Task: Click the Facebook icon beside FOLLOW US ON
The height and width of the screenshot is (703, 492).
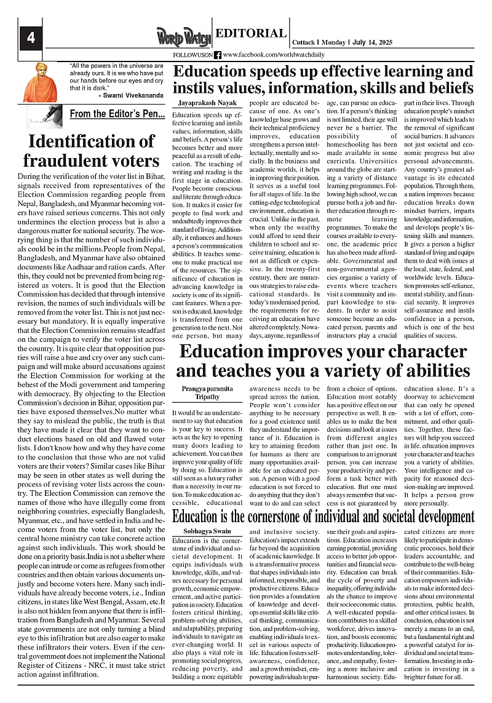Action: (x=218, y=55)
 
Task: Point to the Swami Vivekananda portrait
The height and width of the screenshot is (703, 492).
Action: (x=40, y=83)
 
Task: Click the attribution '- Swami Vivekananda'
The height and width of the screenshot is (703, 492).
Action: (x=130, y=96)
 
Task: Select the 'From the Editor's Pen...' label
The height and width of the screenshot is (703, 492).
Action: (x=117, y=114)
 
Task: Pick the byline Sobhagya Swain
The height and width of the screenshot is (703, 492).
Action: (x=207, y=530)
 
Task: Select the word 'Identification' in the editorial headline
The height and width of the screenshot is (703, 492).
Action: (x=92, y=141)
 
